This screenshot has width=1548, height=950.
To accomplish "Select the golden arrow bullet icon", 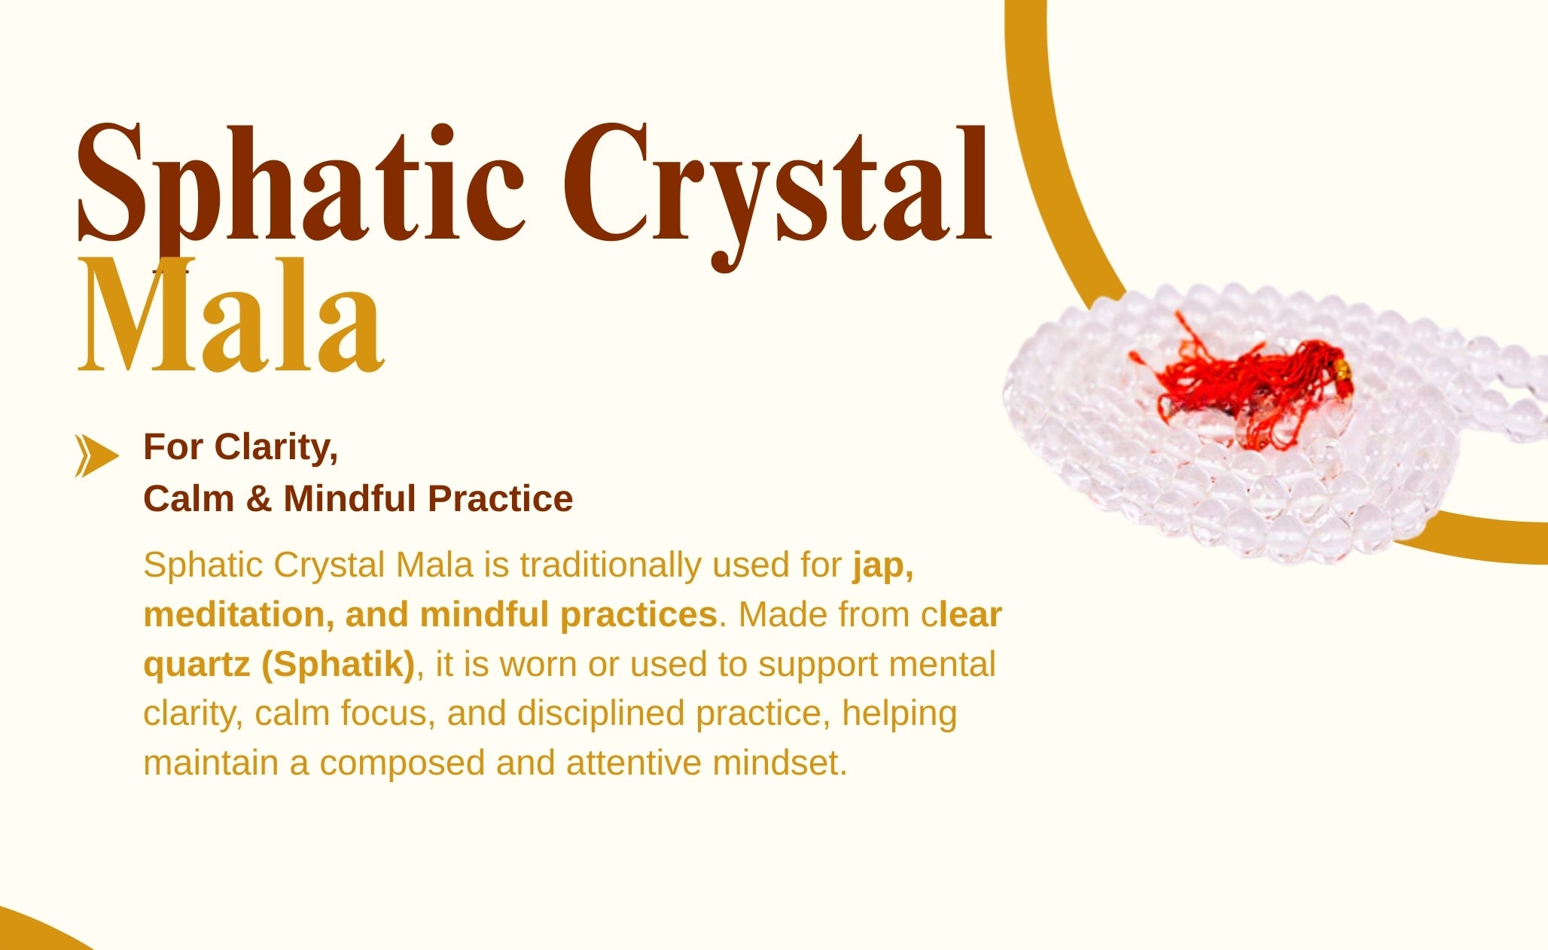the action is click(96, 455).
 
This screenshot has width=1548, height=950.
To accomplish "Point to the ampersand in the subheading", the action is click(258, 499).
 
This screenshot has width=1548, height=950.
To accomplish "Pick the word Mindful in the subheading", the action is click(350, 498).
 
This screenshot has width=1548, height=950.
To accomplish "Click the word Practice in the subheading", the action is click(500, 498).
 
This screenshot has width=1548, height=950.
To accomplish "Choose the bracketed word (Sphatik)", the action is click(338, 665).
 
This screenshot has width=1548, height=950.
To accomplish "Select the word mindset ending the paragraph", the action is click(780, 763).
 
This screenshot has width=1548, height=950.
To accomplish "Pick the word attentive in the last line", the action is click(634, 763).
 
